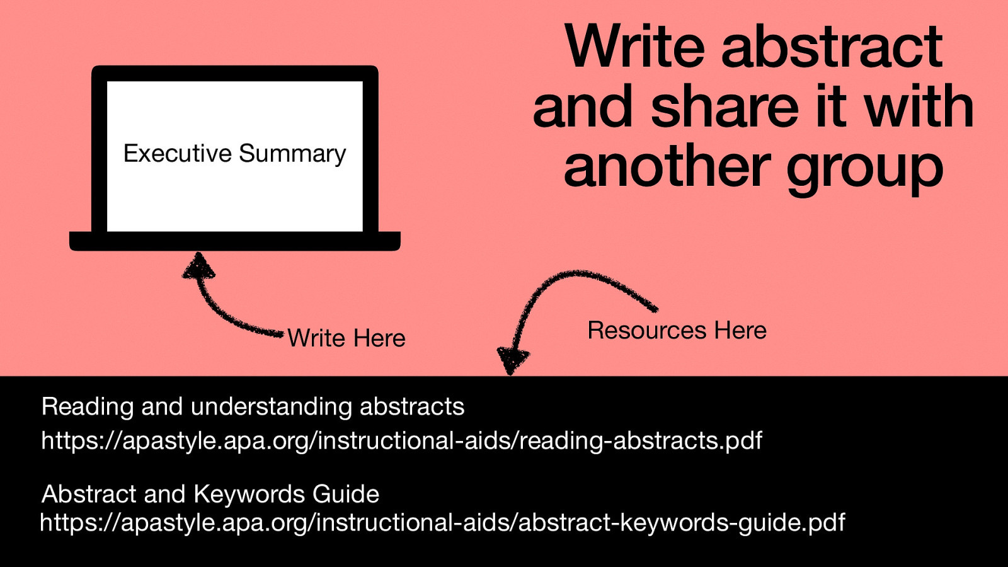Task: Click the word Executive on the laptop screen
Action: coord(177,154)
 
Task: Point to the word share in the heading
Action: coord(725,106)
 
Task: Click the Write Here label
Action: coord(346,338)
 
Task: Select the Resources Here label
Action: coord(677,331)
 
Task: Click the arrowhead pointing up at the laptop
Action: coord(199,266)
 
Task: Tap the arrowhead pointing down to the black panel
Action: coord(512,360)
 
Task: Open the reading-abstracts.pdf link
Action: coord(401,440)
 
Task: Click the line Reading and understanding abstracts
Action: coord(253,406)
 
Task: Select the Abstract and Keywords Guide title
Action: coord(210,494)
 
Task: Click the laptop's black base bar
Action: coord(234,241)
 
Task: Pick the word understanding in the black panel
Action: coord(272,407)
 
